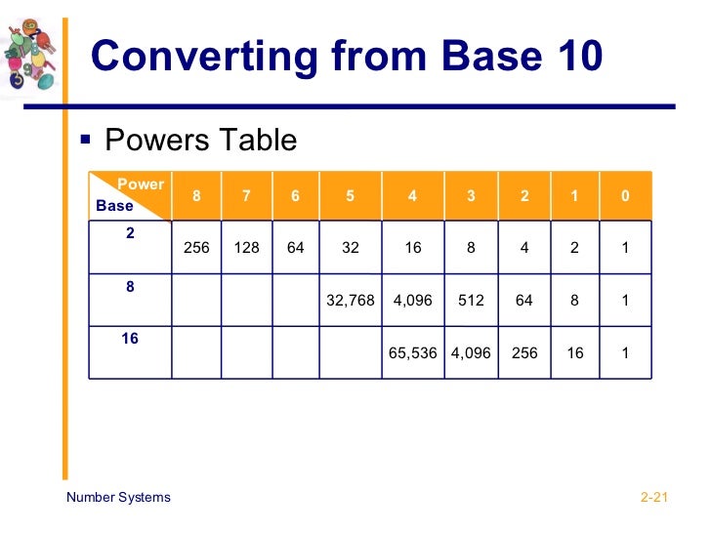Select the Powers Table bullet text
(200, 141)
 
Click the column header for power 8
(196, 195)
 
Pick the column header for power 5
(351, 195)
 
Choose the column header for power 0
(625, 195)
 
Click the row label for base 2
(130, 234)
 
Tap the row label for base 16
(130, 339)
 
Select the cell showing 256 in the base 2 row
(196, 248)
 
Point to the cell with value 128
(246, 248)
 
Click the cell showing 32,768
(351, 301)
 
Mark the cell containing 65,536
(413, 353)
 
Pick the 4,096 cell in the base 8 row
(413, 301)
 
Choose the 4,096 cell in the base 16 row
(471, 353)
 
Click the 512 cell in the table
(471, 301)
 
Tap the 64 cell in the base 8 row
(524, 301)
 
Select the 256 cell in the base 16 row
(524, 353)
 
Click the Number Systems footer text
(118, 497)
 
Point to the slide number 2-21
(653, 498)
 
